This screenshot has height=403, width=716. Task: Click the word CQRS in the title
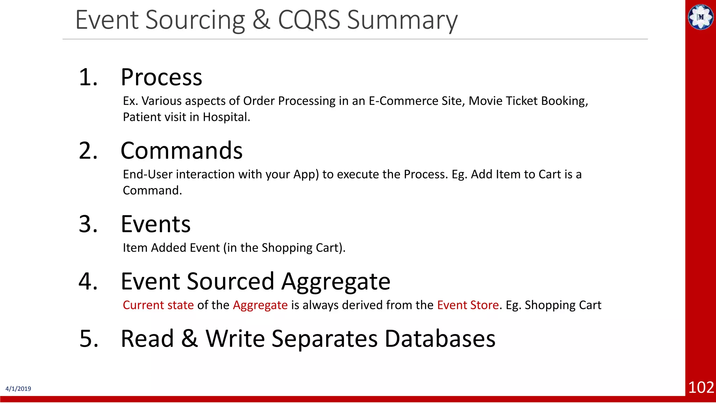point(309,20)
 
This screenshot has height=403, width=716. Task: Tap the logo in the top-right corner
point(700,17)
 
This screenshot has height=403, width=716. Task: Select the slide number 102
point(701,387)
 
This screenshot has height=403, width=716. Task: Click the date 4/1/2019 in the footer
point(18,389)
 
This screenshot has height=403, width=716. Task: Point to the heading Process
point(161,77)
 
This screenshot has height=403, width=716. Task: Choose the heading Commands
point(181,151)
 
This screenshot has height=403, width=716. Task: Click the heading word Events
point(156,224)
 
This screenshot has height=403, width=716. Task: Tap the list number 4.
point(88,281)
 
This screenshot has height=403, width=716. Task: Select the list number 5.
point(89,339)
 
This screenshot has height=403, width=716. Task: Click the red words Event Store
point(468,305)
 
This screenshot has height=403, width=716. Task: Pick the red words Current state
point(158,305)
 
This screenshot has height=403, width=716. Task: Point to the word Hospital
point(226,117)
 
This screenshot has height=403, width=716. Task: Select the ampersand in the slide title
point(261,20)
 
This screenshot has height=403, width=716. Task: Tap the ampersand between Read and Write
point(189,339)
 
